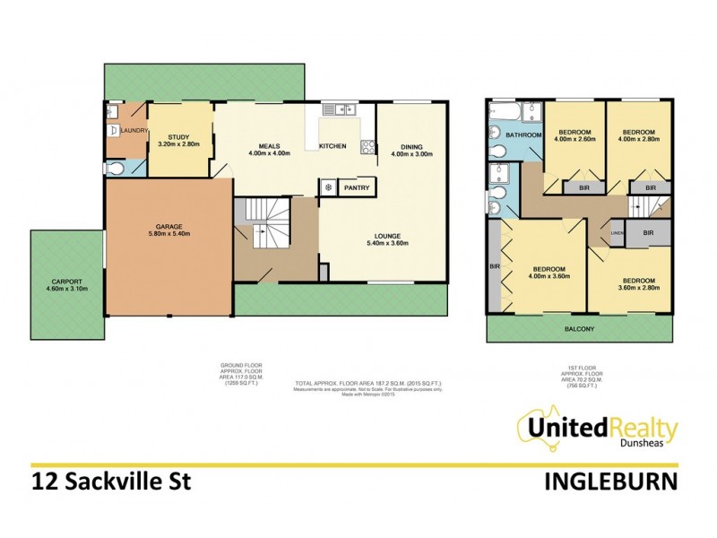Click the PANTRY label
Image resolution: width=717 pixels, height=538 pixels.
coord(358,188)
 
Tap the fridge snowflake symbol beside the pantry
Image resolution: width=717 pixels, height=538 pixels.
coord(329,188)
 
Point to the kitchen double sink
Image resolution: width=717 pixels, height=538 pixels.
coord(340,110)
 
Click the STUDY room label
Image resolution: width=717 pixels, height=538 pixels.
coord(179,136)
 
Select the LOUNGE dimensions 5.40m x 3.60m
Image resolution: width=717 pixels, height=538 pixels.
coord(380,243)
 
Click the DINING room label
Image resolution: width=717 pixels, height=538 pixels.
coord(411,148)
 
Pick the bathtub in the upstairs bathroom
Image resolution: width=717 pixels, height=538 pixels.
coord(506,113)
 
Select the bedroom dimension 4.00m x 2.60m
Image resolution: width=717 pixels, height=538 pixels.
coord(573,139)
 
